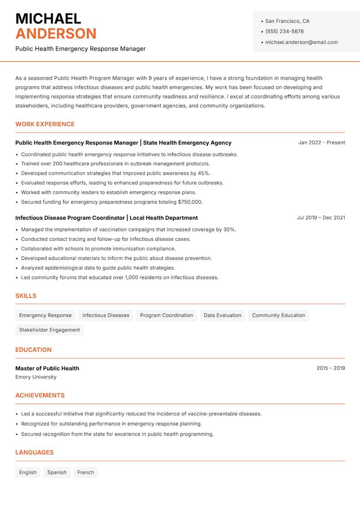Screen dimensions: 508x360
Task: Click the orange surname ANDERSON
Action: (x=56, y=34)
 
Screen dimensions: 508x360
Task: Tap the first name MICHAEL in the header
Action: (x=48, y=18)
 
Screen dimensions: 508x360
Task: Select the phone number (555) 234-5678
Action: (x=284, y=31)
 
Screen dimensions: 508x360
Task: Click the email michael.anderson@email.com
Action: (x=301, y=42)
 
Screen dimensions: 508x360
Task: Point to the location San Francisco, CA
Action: (x=287, y=21)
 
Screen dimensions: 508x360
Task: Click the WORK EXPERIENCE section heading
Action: (x=45, y=124)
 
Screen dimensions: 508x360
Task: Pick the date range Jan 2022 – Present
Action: (x=321, y=143)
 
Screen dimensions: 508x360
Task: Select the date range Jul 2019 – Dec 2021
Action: (x=321, y=218)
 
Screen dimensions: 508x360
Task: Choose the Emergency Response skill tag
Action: (x=45, y=315)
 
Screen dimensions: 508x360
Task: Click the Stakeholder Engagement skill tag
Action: (x=49, y=330)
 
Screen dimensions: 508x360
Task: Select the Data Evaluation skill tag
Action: (x=222, y=315)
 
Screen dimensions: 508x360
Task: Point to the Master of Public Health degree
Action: (x=47, y=368)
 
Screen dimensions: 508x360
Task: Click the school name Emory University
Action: (x=36, y=377)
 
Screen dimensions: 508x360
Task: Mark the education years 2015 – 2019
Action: (x=330, y=368)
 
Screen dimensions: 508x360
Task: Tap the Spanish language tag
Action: (x=57, y=472)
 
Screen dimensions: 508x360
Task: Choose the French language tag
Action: (x=85, y=472)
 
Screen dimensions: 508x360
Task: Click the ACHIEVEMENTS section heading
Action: (x=40, y=396)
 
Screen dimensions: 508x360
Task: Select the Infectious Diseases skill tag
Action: (x=106, y=315)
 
